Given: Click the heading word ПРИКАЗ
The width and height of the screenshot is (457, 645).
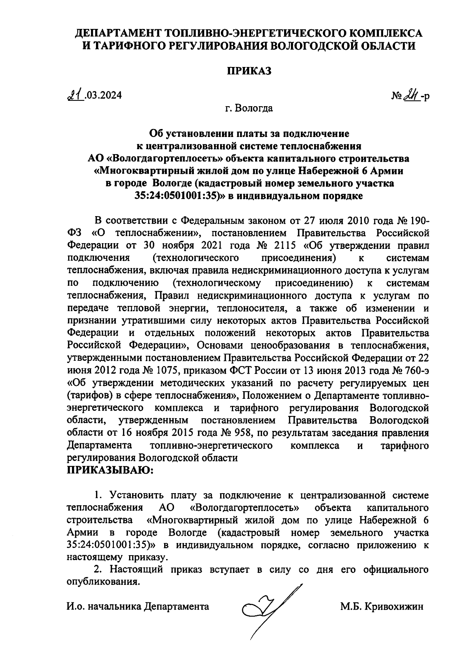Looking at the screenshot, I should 249,72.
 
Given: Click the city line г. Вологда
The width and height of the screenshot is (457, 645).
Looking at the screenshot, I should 249,108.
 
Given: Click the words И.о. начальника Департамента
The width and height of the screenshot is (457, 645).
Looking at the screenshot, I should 138,606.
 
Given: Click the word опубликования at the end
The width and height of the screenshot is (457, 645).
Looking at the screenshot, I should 101,582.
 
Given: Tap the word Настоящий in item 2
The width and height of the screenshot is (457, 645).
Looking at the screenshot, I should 137,570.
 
